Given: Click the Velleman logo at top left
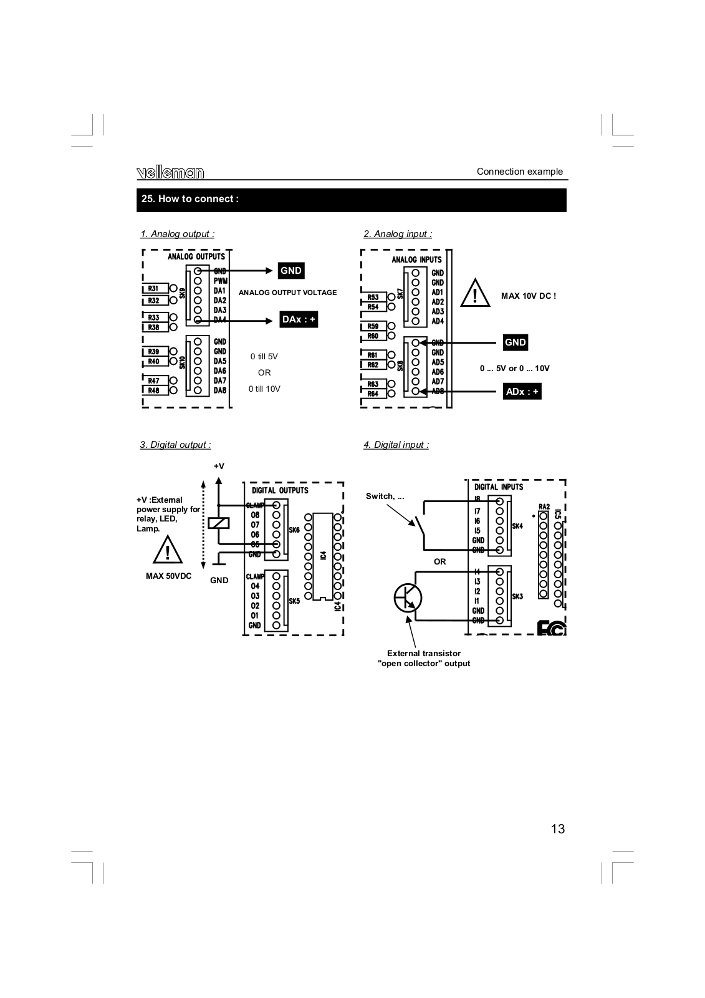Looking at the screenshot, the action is click(x=170, y=173).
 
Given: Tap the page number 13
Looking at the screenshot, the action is click(x=557, y=829).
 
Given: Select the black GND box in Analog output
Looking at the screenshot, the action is click(x=291, y=271).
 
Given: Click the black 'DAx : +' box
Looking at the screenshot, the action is click(x=299, y=319).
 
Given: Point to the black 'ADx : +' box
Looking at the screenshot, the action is click(x=522, y=392).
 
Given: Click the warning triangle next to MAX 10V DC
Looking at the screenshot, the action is click(x=475, y=294).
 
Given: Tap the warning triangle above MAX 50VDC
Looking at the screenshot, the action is click(x=168, y=551).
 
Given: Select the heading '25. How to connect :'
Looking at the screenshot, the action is click(x=190, y=199).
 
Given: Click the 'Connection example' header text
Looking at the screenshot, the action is click(x=519, y=172).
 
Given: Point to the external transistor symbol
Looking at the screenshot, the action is click(x=408, y=599).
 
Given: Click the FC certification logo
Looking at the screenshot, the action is click(x=551, y=628).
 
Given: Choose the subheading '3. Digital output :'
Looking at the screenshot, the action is click(x=175, y=445).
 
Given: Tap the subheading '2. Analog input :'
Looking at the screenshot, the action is click(x=398, y=234).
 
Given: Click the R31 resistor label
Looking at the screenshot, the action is click(x=153, y=289).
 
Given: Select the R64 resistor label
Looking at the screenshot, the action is click(x=373, y=394).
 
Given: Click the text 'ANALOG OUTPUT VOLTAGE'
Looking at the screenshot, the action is click(x=287, y=293).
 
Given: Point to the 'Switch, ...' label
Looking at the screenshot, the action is click(x=385, y=497).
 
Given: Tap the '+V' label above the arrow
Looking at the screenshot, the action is click(x=219, y=466).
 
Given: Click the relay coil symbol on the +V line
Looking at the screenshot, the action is click(x=218, y=524).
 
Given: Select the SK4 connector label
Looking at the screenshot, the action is click(x=517, y=526).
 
